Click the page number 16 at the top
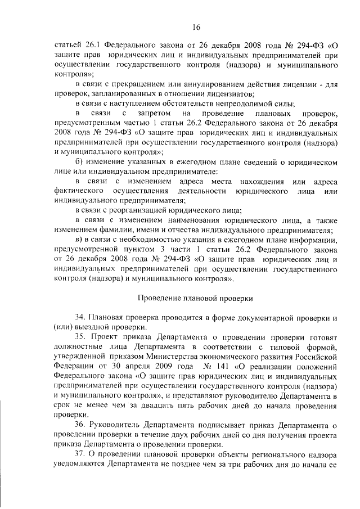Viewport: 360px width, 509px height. pyautogui.click(x=196, y=26)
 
